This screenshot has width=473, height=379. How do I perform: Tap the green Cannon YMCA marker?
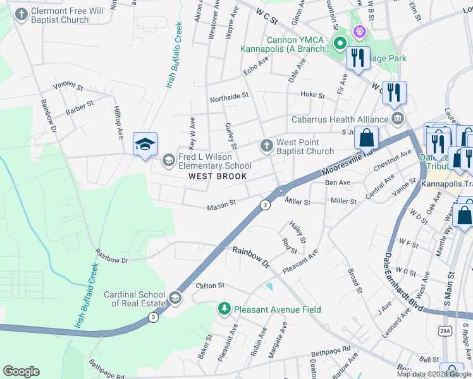340,44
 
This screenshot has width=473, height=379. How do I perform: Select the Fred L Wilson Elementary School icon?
168,159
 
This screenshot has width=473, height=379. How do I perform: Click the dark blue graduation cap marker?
145,144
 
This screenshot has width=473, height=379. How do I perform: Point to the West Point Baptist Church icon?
266,146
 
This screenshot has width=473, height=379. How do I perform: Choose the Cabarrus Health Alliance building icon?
398,119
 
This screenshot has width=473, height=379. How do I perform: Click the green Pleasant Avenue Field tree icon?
224,309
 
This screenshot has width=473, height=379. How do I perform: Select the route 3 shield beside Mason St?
265,205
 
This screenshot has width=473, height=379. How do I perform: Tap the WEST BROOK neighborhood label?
218,176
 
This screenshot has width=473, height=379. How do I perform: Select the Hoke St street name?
312,95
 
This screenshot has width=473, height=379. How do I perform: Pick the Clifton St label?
212,286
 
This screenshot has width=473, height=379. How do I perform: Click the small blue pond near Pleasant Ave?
270,287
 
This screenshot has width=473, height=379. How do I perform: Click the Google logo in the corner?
21,371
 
